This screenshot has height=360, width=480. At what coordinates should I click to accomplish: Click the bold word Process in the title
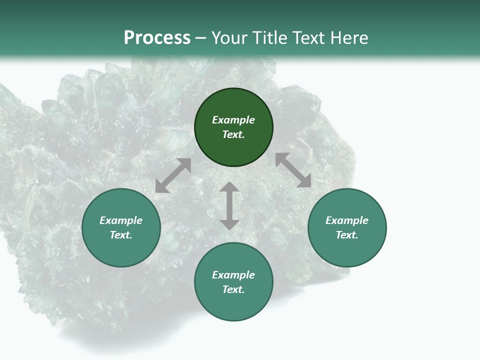[x=157, y=38]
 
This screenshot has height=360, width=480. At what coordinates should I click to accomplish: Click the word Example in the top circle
[x=233, y=120]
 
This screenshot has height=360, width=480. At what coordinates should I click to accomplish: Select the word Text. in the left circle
[x=121, y=235]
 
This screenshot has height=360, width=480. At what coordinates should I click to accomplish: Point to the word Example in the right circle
[x=347, y=220]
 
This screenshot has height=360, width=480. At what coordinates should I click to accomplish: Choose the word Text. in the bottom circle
[x=233, y=289]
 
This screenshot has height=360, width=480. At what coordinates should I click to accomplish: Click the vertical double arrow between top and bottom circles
[x=229, y=205]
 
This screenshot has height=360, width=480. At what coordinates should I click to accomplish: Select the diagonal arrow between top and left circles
[x=173, y=175]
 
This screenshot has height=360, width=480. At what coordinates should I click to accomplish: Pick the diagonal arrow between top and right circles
[x=293, y=170]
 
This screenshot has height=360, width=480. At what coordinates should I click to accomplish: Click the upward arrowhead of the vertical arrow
[x=229, y=187]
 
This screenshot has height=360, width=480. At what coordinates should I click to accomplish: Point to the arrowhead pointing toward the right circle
[x=305, y=181]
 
